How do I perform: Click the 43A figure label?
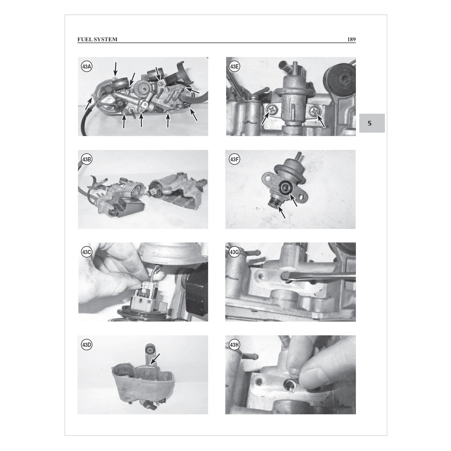[86, 67]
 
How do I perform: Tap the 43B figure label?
[86, 160]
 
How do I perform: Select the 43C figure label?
[86, 252]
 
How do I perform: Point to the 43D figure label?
[86, 345]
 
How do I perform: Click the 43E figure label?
[234, 67]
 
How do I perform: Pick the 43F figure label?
[234, 160]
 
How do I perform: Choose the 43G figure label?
[234, 252]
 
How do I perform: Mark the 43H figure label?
[234, 345]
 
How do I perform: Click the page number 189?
[351, 39]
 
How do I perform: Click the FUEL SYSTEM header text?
[97, 39]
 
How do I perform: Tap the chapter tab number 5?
[370, 123]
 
